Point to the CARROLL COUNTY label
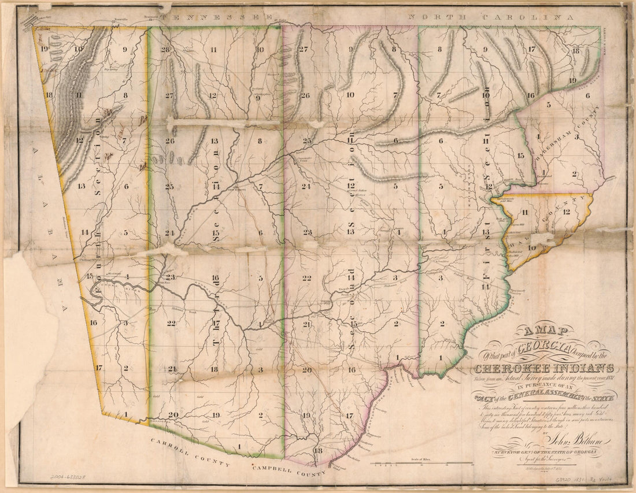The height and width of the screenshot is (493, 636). (190, 454)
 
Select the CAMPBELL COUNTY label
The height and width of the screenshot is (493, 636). (287, 470)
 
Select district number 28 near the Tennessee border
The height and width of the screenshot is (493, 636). (167, 49)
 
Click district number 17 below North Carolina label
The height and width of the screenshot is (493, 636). (531, 49)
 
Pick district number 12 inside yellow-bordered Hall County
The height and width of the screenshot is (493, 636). (566, 212)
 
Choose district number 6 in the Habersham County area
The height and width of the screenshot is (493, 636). (587, 96)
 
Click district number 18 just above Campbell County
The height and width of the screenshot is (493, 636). (317, 450)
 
